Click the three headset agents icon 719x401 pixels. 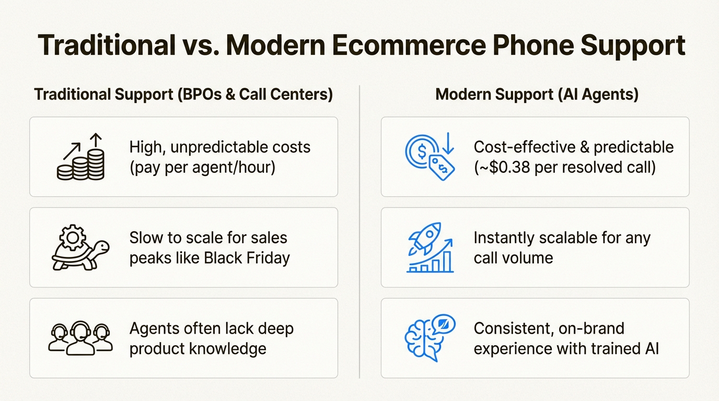point(80,338)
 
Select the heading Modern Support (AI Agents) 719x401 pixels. point(537,95)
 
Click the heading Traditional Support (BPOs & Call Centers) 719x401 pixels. point(183,95)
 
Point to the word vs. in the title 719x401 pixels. point(195,46)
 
